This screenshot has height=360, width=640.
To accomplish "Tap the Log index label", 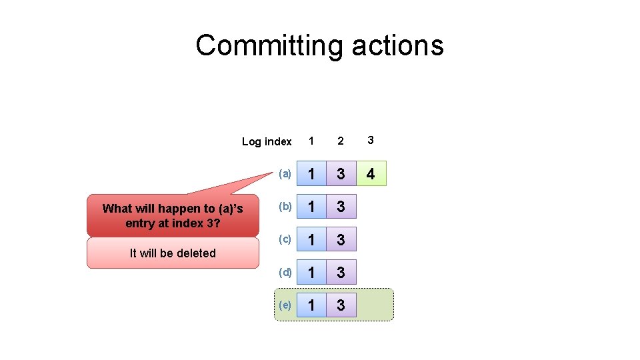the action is (267, 141).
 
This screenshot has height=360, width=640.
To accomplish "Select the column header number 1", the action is (311, 141).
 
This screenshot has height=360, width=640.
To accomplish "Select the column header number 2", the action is (341, 141).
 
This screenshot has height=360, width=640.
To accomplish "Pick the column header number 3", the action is (371, 140).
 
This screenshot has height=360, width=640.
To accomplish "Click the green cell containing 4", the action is (371, 174).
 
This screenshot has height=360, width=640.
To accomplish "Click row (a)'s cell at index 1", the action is (311, 174).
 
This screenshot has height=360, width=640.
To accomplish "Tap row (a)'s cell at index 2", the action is (341, 174).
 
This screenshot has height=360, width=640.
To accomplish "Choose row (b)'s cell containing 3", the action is (341, 207).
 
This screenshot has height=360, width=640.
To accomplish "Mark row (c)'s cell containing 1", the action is (311, 239).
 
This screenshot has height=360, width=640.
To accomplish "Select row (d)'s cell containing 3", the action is (341, 272).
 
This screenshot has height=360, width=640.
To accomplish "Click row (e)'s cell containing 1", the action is (311, 305).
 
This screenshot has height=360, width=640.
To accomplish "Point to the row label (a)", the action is (285, 174).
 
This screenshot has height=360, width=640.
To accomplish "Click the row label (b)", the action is (285, 206).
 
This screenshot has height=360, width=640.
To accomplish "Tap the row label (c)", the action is (285, 239).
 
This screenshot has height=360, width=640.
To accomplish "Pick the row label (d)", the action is (285, 271).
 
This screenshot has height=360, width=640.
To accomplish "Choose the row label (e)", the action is (285, 304).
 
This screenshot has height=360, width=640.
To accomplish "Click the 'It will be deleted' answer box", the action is (173, 253).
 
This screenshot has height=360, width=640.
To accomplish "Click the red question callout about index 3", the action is (173, 215).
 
